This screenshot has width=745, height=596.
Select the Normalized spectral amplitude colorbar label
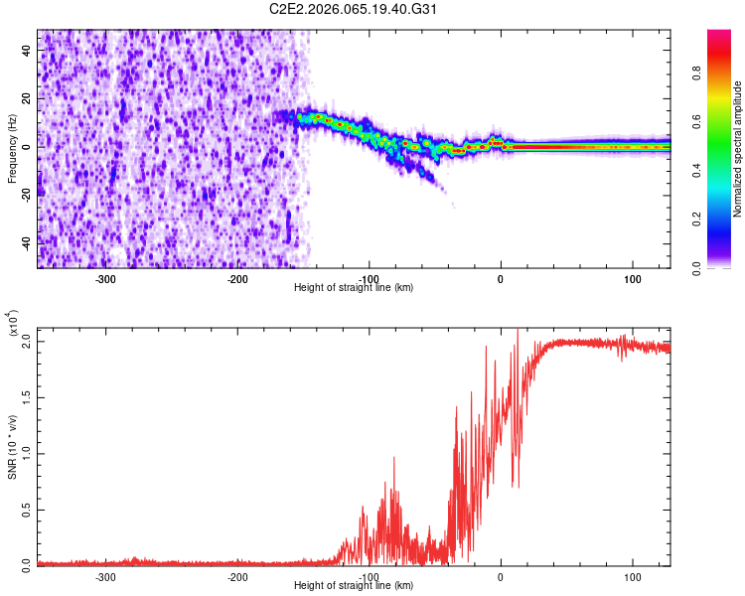pyautogui.click(x=738, y=149)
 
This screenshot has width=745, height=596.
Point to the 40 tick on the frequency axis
pyautogui.click(x=28, y=52)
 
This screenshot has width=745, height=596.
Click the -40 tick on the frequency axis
pyautogui.click(x=26, y=242)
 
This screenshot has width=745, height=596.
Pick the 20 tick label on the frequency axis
pyautogui.click(x=28, y=99)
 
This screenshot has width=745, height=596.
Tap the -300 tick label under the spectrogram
pyautogui.click(x=106, y=279)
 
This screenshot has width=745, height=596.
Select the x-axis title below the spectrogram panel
pyautogui.click(x=354, y=288)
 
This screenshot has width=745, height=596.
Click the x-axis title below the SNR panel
pyautogui.click(x=354, y=586)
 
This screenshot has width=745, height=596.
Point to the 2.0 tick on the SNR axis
pyautogui.click(x=26, y=341)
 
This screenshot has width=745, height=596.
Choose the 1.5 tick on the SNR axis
pyautogui.click(x=26, y=396)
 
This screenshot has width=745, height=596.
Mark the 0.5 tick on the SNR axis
pyautogui.click(x=26, y=509)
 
